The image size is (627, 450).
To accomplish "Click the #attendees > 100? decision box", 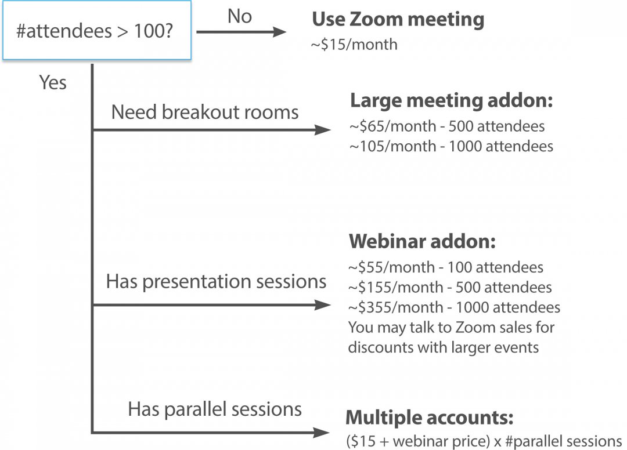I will pyautogui.click(x=96, y=30).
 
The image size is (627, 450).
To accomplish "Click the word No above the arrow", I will pyautogui.click(x=240, y=16).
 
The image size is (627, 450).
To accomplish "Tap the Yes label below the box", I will pyautogui.click(x=53, y=82).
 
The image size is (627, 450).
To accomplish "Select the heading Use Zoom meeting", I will pyautogui.click(x=398, y=20).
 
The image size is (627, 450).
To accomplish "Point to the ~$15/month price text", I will pyautogui.click(x=355, y=44).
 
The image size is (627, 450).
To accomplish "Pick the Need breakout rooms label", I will pyautogui.click(x=205, y=112).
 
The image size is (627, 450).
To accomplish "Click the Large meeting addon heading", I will pyautogui.click(x=451, y=101).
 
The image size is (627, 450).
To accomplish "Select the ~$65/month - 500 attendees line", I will pyautogui.click(x=447, y=126).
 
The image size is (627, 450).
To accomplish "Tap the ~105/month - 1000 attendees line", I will pyautogui.click(x=451, y=146).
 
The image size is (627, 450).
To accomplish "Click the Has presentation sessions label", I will pyautogui.click(x=216, y=282).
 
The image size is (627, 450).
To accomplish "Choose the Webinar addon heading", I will pyautogui.click(x=422, y=241).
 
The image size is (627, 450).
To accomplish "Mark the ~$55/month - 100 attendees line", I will pyautogui.click(x=446, y=267).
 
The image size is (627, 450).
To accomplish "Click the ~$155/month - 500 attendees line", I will pyautogui.click(x=450, y=287).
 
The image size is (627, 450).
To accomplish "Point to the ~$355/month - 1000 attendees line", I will pyautogui.click(x=454, y=307).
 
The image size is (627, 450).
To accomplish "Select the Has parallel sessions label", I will pyautogui.click(x=215, y=409).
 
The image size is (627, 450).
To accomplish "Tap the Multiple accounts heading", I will pyautogui.click(x=430, y=418).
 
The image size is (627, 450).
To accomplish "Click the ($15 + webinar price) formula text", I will pyautogui.click(x=418, y=440).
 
